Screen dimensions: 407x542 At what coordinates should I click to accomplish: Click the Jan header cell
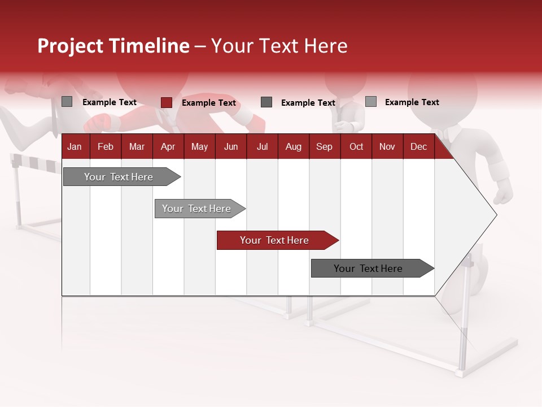[x=75, y=146]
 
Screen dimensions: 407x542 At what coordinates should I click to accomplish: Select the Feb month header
[x=106, y=146]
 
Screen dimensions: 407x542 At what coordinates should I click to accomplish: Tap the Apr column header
[x=168, y=146]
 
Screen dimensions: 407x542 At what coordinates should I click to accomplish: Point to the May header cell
[x=199, y=146]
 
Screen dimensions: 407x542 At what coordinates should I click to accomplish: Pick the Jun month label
[x=231, y=146]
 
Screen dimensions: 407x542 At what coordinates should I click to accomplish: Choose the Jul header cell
[x=262, y=146]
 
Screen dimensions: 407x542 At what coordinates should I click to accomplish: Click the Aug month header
[x=293, y=146]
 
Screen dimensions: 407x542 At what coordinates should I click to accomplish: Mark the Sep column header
[x=324, y=146]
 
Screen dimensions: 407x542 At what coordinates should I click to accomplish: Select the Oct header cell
[x=356, y=146]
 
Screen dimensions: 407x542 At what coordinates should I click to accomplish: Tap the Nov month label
[x=387, y=146]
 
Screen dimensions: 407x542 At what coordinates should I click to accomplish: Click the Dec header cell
[x=418, y=146]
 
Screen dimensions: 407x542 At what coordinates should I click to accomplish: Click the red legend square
[x=166, y=102]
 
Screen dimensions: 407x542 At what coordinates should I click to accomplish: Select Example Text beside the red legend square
[x=208, y=103]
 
